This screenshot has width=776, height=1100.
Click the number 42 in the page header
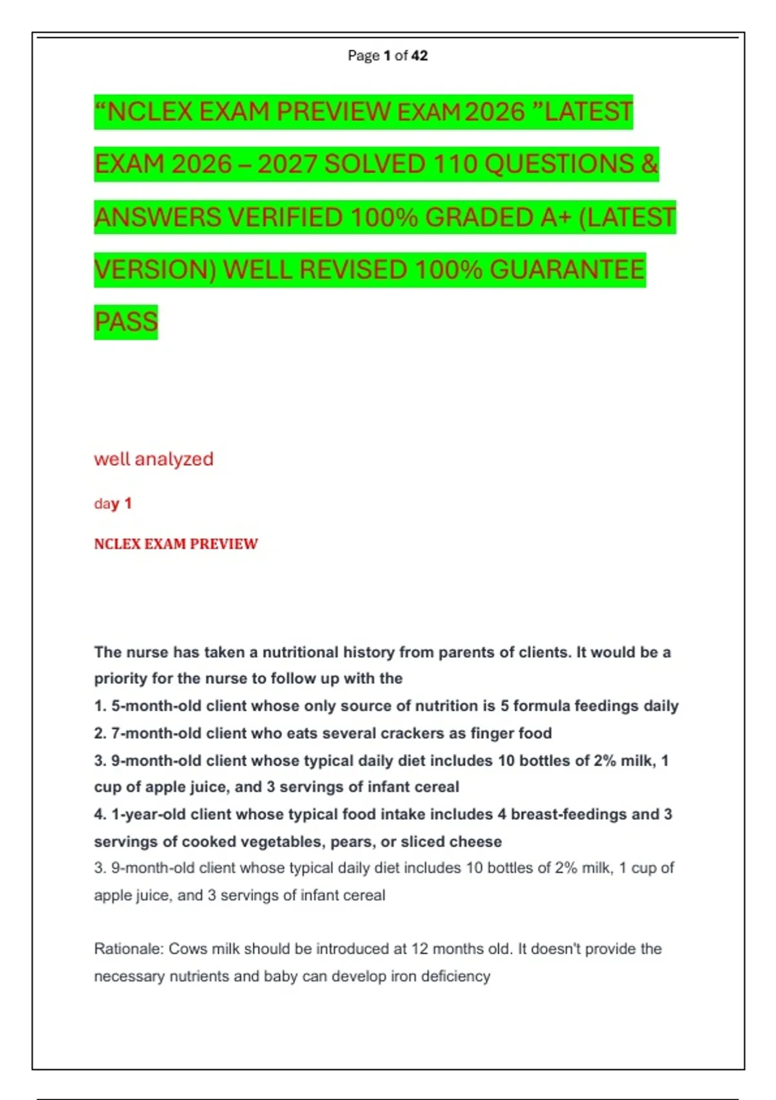[x=419, y=56]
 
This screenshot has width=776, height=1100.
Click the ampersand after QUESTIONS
[x=649, y=164]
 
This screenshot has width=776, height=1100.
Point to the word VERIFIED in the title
[x=285, y=217]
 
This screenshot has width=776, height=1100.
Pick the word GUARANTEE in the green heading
[x=567, y=270]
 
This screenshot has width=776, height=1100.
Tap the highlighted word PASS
[x=126, y=322]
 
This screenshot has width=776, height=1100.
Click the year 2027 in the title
[x=287, y=164]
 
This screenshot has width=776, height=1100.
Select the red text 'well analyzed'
[x=153, y=459]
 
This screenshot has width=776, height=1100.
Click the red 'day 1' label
[x=113, y=503]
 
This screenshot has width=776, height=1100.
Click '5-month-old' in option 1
[x=156, y=706]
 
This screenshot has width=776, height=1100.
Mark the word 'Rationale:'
[x=129, y=949]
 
